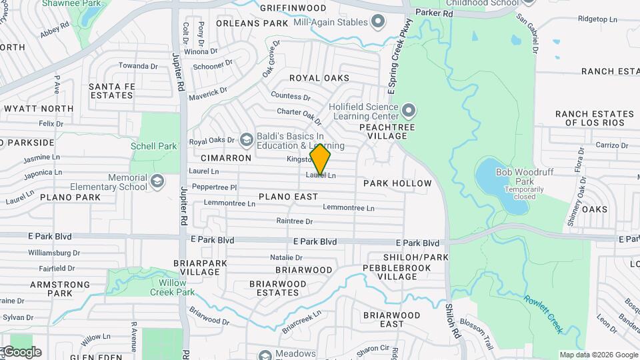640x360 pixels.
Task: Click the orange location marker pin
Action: click(321, 159)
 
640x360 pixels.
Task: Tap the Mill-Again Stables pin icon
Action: click(378, 22)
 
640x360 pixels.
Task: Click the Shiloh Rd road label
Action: click(453, 319)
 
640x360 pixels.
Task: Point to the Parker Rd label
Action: click(434, 13)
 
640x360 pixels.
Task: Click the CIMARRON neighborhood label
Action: click(226, 159)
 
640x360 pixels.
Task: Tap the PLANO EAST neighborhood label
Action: click(288, 197)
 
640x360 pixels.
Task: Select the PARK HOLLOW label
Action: click(397, 183)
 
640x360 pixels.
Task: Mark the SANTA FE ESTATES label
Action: click(111, 91)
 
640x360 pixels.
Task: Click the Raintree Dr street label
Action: click(295, 221)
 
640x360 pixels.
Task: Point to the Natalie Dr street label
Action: click(286, 257)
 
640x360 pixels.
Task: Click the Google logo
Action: click(21, 352)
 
